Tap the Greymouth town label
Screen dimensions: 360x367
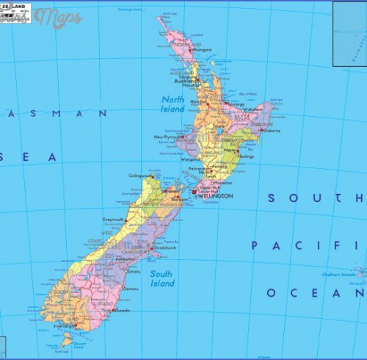(114, 219)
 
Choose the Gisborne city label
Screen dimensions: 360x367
(272, 130)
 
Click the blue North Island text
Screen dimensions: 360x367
(172, 104)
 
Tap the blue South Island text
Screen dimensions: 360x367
(162, 278)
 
